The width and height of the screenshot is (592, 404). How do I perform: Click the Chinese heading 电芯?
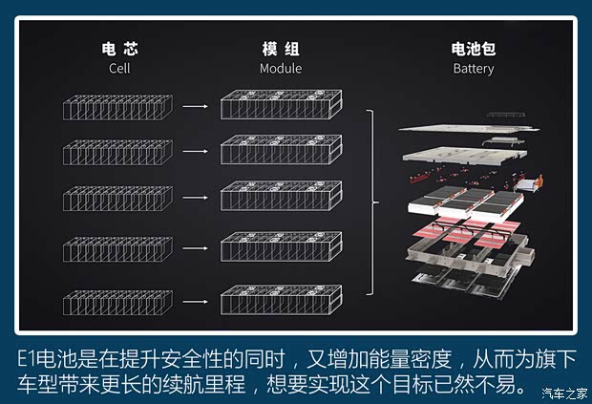click(x=119, y=50)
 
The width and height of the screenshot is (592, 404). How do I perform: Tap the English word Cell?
click(x=119, y=69)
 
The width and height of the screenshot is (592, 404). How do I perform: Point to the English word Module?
click(x=280, y=69)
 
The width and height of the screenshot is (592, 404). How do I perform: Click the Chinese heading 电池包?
click(x=473, y=50)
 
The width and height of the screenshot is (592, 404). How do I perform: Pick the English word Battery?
click(x=473, y=69)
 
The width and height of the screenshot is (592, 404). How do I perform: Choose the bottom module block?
click(x=279, y=300)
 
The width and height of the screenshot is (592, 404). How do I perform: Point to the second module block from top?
click(x=279, y=153)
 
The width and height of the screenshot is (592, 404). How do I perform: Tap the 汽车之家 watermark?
click(x=565, y=393)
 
